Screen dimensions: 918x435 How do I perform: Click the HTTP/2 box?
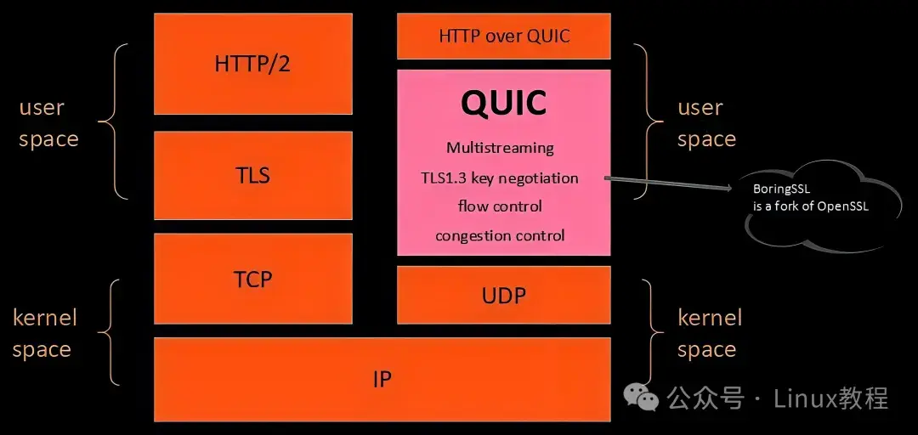(x=252, y=64)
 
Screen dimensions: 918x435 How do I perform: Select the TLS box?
(x=252, y=175)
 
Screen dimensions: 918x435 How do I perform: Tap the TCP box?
(x=252, y=279)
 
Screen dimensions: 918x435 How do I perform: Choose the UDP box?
(x=503, y=295)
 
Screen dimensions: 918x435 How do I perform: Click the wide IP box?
(x=382, y=379)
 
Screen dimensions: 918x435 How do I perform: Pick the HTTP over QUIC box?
(x=503, y=37)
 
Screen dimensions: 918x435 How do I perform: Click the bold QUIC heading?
(x=503, y=103)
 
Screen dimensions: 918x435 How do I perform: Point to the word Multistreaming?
(x=500, y=148)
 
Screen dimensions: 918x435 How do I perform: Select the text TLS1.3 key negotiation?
(x=500, y=178)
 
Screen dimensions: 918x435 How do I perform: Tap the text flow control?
(x=500, y=206)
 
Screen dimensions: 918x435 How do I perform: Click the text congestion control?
(x=500, y=235)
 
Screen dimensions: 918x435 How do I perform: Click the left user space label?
(x=48, y=123)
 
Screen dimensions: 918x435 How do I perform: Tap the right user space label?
(x=705, y=123)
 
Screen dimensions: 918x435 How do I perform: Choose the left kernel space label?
(x=44, y=333)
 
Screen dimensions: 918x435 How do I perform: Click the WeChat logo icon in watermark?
(x=641, y=397)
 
